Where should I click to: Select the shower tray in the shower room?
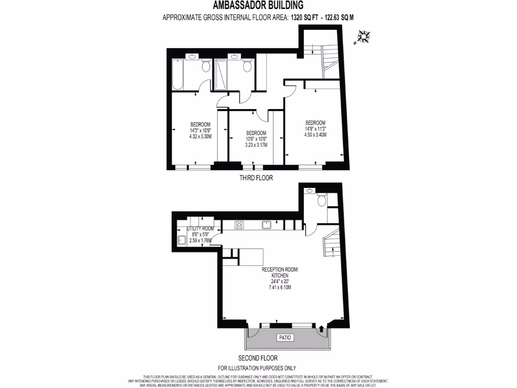tap(221, 74)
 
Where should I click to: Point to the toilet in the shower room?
tap(247, 66)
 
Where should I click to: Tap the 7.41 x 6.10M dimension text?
tap(280, 287)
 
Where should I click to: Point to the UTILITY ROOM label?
tap(200, 229)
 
